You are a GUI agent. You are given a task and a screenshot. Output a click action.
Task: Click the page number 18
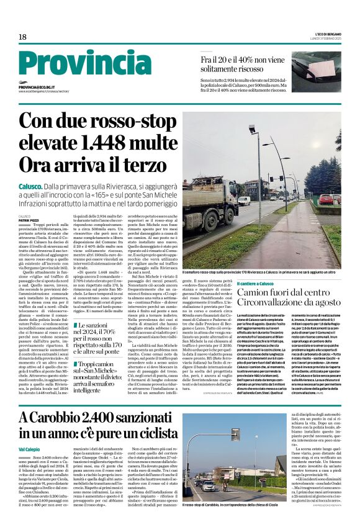[22, 37]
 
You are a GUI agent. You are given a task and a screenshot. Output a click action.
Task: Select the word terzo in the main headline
[135, 164]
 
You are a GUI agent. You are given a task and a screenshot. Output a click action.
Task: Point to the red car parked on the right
[325, 200]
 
